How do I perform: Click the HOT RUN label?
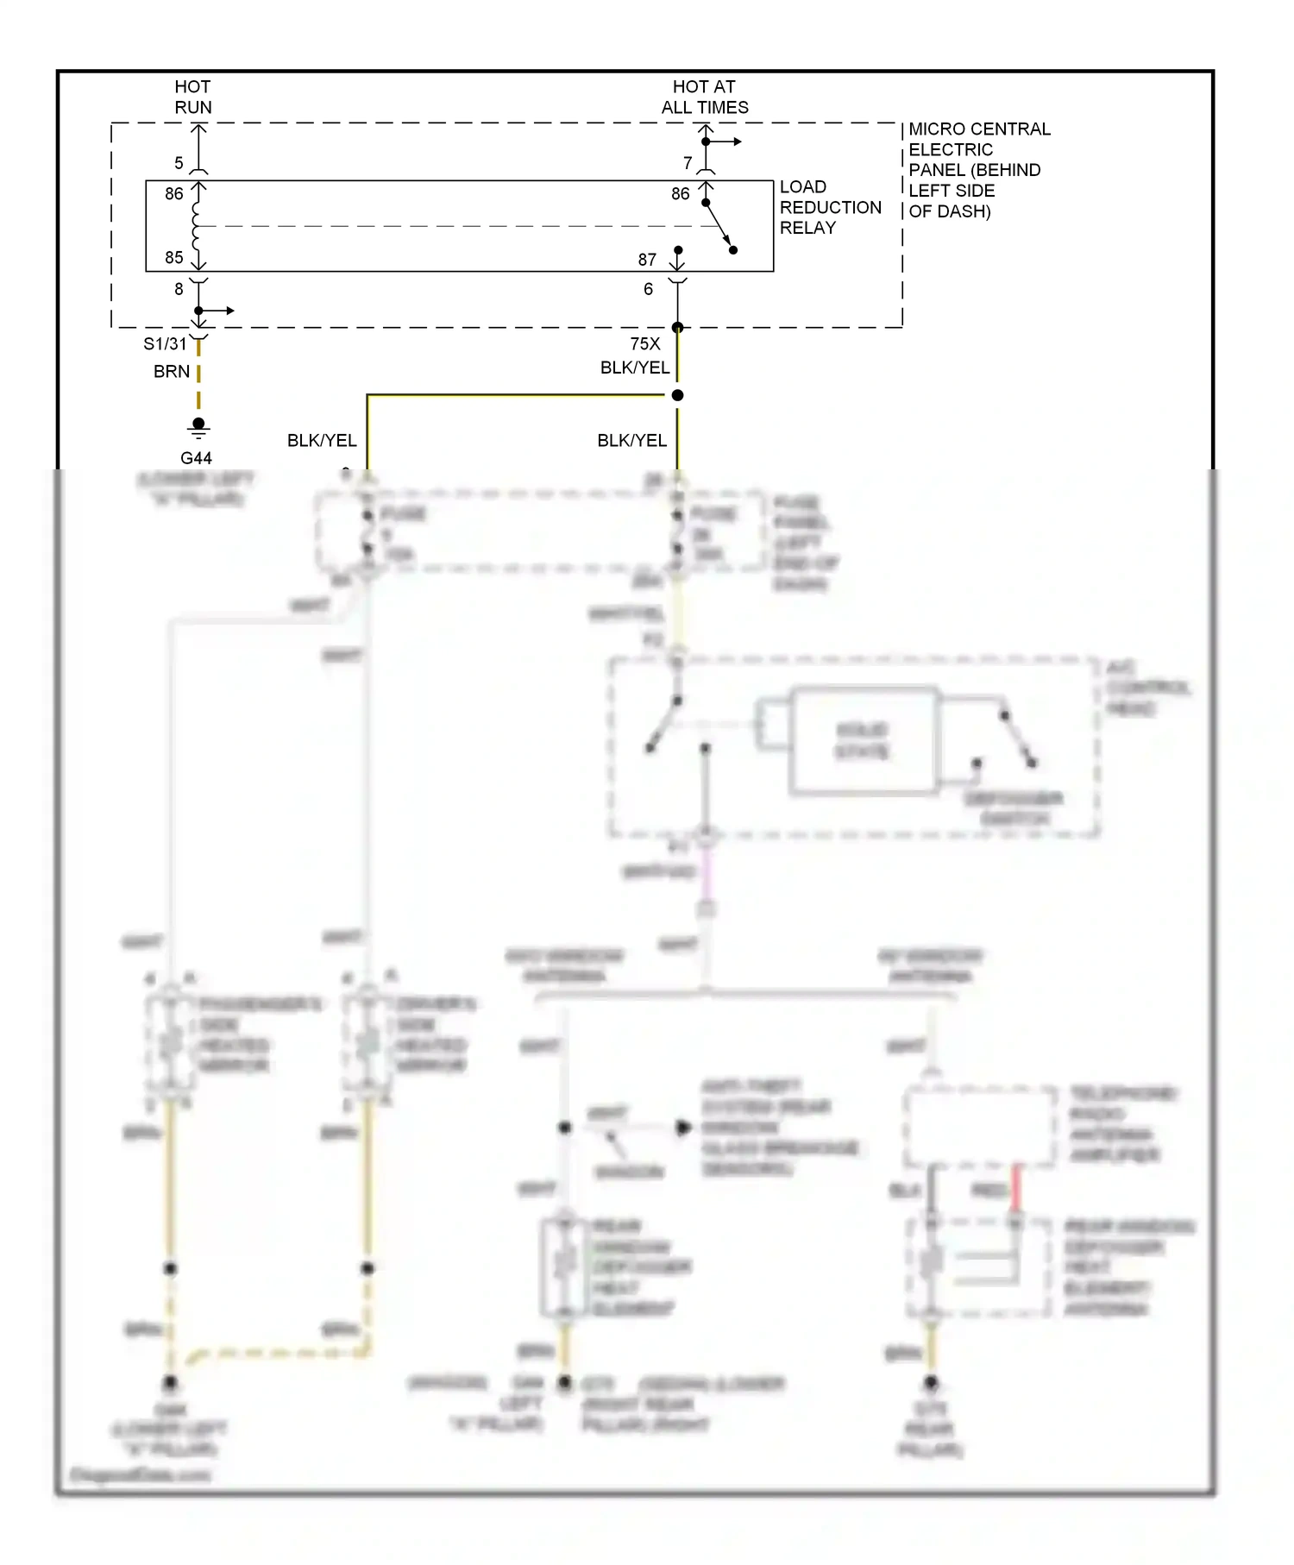192,97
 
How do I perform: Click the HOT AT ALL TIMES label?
704,97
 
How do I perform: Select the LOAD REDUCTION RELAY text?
829,207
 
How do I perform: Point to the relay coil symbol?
198,225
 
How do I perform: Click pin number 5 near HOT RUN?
179,163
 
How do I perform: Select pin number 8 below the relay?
179,289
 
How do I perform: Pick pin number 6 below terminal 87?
648,289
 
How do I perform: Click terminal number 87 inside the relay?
647,260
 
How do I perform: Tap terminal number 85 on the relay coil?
174,257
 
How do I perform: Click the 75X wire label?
644,343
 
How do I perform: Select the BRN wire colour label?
171,372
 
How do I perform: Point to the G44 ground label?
196,458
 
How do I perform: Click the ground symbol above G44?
198,427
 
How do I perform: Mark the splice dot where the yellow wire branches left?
677,395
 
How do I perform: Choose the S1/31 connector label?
164,343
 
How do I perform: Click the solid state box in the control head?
863,740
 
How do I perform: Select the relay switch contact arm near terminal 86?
719,226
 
